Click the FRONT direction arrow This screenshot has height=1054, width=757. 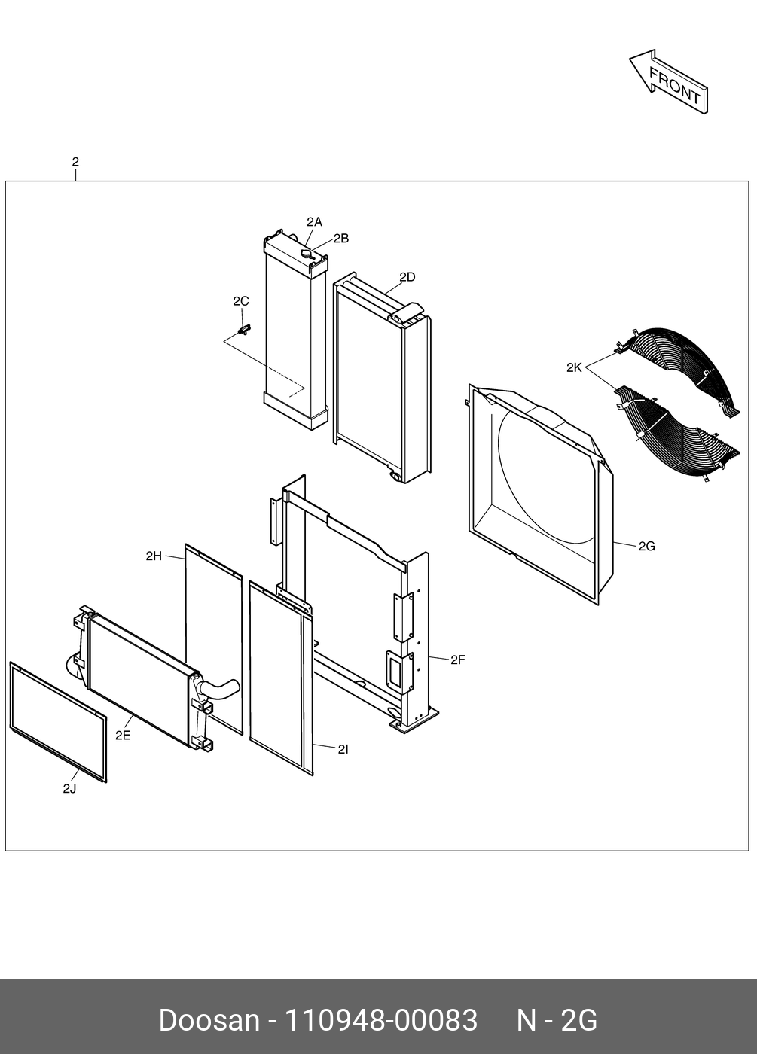pyautogui.click(x=668, y=81)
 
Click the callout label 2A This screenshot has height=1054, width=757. pyautogui.click(x=314, y=221)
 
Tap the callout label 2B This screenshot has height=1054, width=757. pyautogui.click(x=340, y=239)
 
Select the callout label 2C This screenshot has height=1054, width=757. pyautogui.click(x=240, y=301)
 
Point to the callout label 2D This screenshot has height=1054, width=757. pyautogui.click(x=407, y=277)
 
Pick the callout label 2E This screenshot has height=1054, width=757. pyautogui.click(x=123, y=736)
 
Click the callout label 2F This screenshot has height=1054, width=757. pyautogui.click(x=458, y=660)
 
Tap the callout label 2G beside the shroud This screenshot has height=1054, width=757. pyautogui.click(x=646, y=546)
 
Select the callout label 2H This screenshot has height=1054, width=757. pyautogui.click(x=154, y=556)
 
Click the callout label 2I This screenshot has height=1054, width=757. pyautogui.click(x=343, y=749)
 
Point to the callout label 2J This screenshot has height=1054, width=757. pyautogui.click(x=69, y=788)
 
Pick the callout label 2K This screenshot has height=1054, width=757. pyautogui.click(x=574, y=367)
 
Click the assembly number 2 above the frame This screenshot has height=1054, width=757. pyautogui.click(x=75, y=162)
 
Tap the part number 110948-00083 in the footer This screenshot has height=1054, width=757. pyautogui.click(x=380, y=1021)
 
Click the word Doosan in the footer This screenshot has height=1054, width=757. pyautogui.click(x=209, y=1021)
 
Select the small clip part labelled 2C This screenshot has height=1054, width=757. pyautogui.click(x=244, y=328)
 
